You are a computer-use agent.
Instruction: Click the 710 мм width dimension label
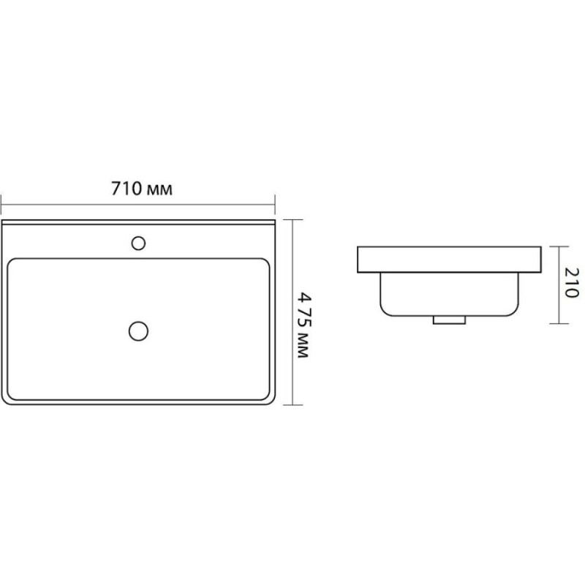click(142, 189)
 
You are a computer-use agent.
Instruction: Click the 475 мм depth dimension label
click(303, 325)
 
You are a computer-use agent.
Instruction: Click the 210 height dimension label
click(571, 283)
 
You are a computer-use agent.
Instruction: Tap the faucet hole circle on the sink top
click(138, 244)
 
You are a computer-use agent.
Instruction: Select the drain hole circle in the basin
click(138, 331)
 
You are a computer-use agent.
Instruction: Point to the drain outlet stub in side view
click(449, 320)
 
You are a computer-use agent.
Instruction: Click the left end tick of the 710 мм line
click(1, 205)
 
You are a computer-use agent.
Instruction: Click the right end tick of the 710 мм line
click(275, 205)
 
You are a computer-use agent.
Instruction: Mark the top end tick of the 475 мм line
click(292, 220)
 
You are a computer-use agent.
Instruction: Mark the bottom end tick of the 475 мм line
click(292, 404)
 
